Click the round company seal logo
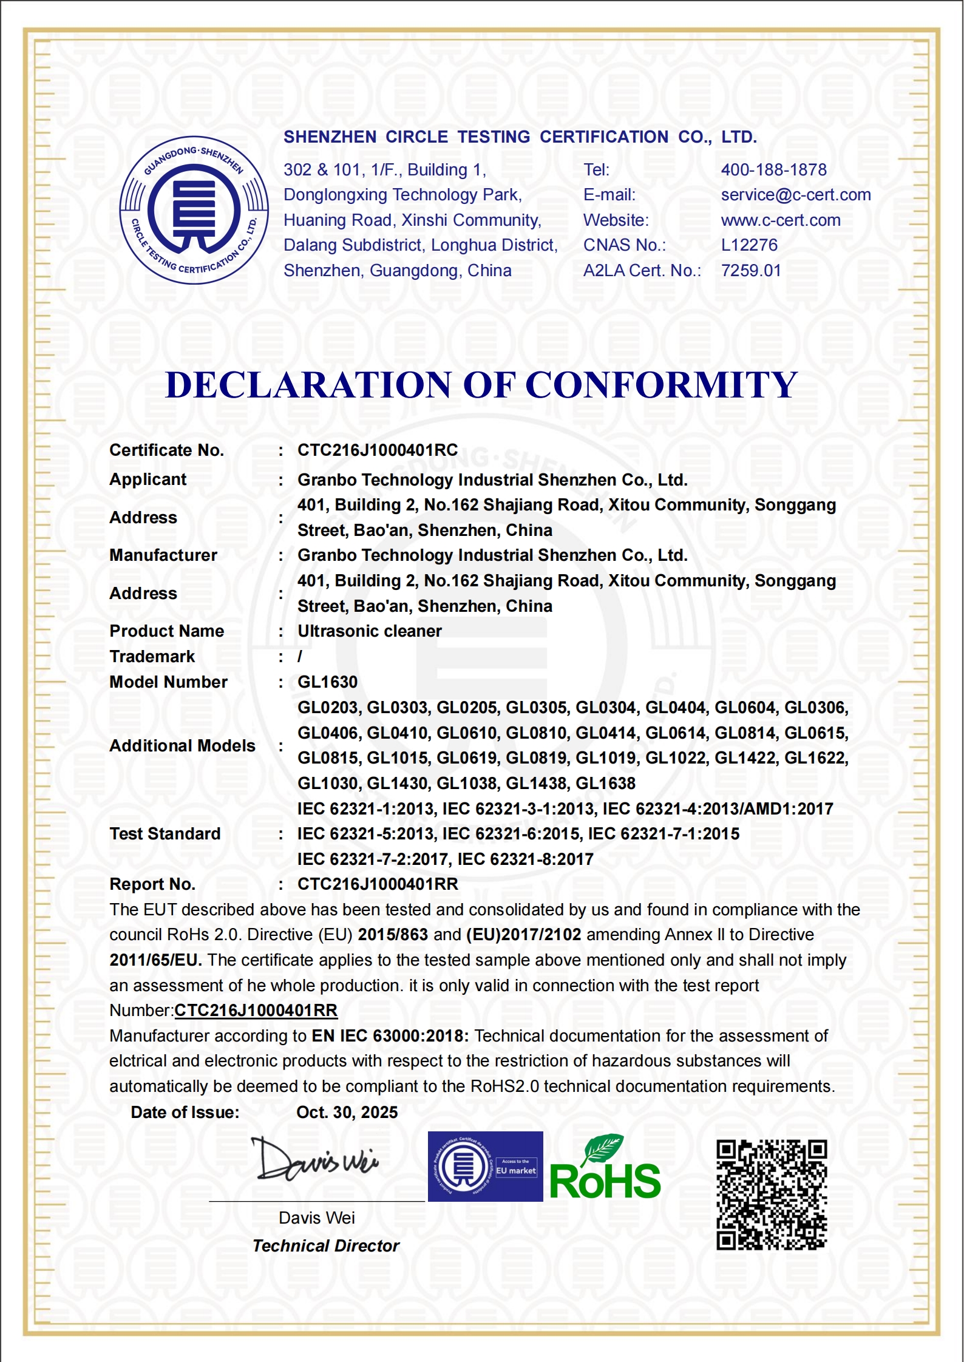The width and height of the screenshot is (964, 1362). point(194,210)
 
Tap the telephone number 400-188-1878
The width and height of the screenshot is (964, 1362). point(773,170)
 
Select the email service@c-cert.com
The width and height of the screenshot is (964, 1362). point(795,195)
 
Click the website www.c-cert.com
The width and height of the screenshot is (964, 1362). point(780,220)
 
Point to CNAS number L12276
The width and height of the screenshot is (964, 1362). point(748,245)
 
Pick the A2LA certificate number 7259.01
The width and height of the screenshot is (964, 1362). point(750,271)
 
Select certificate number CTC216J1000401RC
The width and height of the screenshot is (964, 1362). point(377,450)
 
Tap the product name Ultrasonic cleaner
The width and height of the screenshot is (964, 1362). point(369,631)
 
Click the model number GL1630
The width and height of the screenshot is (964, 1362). point(327,682)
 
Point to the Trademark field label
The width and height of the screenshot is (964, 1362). point(152,657)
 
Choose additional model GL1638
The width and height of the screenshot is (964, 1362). point(605,784)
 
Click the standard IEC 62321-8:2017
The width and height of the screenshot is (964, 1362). point(524,859)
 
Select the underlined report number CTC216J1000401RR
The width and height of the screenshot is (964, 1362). point(256,1011)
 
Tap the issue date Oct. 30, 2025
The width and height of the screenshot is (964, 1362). point(347,1113)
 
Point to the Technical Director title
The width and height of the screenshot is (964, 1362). point(325,1246)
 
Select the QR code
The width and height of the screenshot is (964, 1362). point(771,1195)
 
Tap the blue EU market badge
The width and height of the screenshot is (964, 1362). point(485,1167)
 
